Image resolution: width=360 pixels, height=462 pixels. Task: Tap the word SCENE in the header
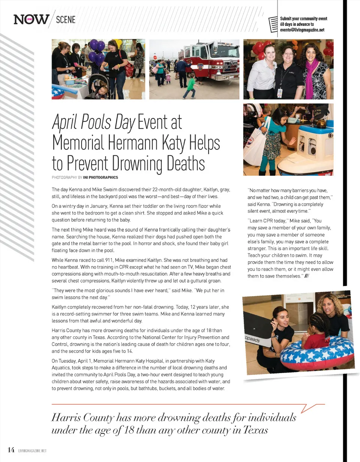click(66, 19)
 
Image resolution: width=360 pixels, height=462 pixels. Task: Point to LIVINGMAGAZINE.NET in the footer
click(32, 451)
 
